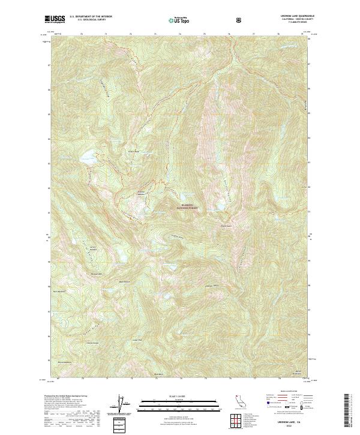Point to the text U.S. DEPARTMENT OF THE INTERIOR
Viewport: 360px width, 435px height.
tap(91, 17)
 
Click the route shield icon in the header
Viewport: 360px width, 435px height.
tap(240, 20)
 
